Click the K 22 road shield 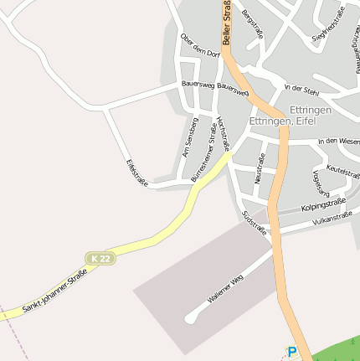point(99,259)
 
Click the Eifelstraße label point(136,173)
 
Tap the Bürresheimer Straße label point(204,152)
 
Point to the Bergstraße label point(251,25)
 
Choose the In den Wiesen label point(338,141)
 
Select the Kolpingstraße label point(323,205)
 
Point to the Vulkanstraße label point(332,219)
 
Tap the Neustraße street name point(260,168)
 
